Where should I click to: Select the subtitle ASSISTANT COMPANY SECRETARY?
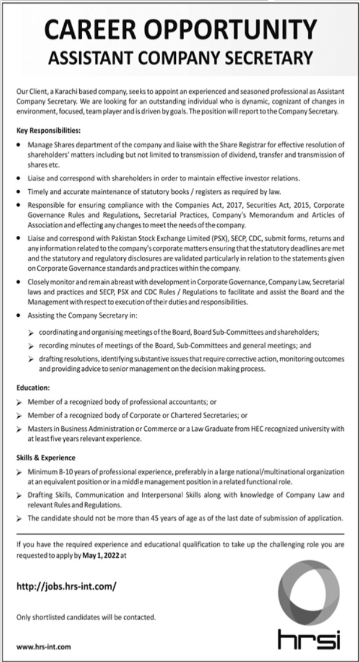(x=180, y=57)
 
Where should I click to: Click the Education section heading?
(x=33, y=387)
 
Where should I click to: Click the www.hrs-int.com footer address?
(x=44, y=646)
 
